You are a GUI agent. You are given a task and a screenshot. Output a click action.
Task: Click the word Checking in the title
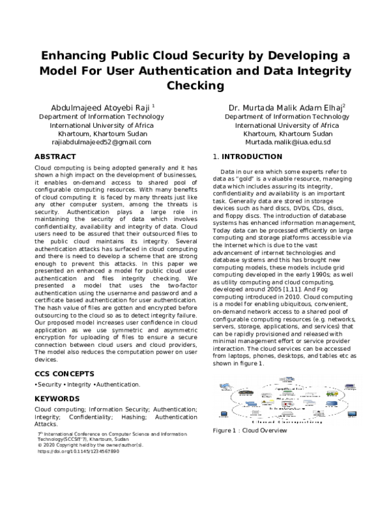[x=195, y=85]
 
